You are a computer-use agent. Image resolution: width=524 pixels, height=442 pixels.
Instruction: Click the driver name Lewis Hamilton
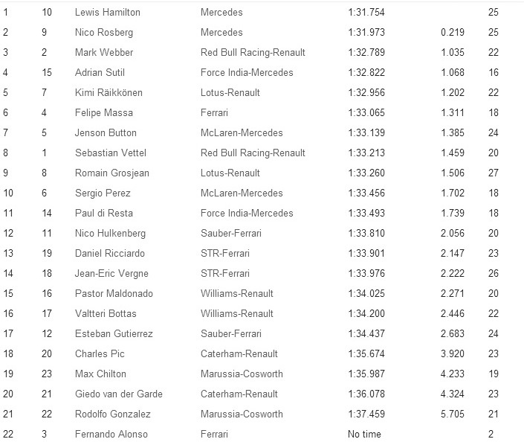point(107,13)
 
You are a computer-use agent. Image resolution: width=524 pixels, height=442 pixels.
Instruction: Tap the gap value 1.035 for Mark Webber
point(452,53)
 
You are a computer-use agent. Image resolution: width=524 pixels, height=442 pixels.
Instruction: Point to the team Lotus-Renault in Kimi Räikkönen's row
point(230,93)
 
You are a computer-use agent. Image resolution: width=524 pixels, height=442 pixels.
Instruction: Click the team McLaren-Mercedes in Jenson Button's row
point(242,133)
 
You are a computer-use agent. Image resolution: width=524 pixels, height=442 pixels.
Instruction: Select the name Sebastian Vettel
point(111,153)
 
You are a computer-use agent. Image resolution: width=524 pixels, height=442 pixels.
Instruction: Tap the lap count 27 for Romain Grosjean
point(494,173)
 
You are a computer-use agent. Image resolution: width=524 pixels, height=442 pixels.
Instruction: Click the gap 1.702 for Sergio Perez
point(452,193)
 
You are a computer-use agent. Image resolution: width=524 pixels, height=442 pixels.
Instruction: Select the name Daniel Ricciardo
point(109,254)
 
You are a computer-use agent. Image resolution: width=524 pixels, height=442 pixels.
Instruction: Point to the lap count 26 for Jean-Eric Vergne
point(494,274)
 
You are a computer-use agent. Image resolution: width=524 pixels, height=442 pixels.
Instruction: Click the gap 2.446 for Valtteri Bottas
point(452,314)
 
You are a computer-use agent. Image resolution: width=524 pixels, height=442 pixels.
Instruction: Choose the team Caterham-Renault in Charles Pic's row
point(237,354)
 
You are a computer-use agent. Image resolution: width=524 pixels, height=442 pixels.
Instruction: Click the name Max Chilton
point(100,374)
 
